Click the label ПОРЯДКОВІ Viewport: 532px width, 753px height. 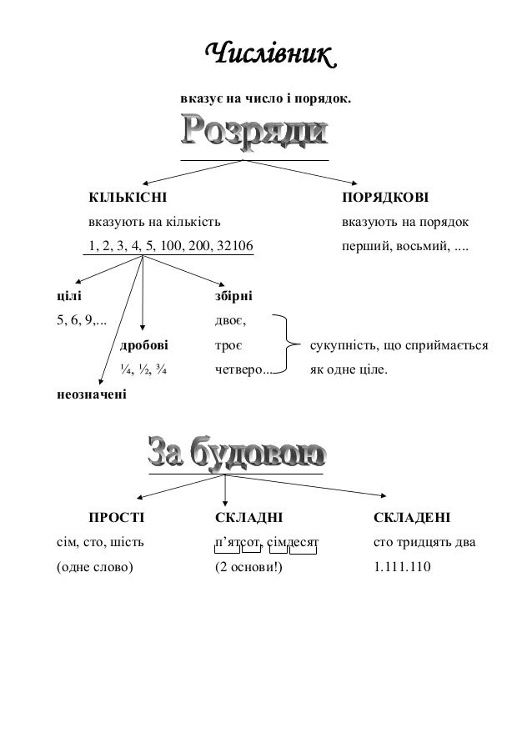point(384,198)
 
